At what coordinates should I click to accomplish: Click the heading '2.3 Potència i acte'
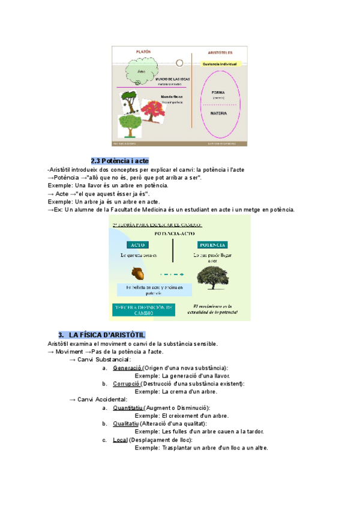(x=119, y=161)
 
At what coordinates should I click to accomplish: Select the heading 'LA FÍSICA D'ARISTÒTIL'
(x=107, y=334)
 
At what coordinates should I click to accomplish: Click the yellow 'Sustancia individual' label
(x=220, y=63)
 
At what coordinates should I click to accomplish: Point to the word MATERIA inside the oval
(x=218, y=113)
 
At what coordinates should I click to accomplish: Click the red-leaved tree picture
(x=154, y=111)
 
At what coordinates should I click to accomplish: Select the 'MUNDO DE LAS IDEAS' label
(x=173, y=79)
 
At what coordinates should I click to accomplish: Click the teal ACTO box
(x=140, y=245)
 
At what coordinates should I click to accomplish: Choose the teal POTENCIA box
(x=211, y=245)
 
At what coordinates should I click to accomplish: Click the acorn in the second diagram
(x=139, y=274)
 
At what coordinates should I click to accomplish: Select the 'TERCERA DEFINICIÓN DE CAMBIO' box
(x=143, y=310)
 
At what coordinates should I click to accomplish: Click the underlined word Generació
(x=127, y=368)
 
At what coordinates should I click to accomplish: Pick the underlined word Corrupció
(x=126, y=384)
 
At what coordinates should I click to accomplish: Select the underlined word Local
(x=120, y=439)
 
